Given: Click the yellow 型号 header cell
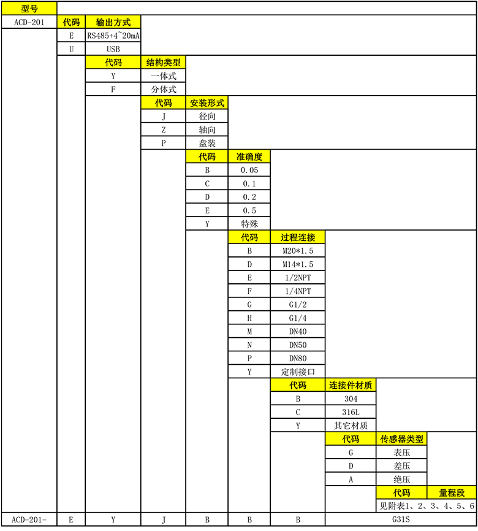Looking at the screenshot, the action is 29,9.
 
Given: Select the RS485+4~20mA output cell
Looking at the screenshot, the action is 113,36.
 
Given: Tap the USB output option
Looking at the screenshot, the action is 113,49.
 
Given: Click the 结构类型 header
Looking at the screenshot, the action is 163,63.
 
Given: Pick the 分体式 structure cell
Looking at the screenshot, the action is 163,90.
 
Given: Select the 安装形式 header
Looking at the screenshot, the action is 207,103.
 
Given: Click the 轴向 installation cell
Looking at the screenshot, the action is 207,130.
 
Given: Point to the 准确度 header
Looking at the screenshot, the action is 249,157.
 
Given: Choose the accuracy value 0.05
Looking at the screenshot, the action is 249,170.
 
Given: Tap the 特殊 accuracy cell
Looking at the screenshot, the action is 249,224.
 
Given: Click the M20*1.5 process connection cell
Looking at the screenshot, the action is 298,251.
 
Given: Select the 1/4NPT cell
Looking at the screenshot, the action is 298,291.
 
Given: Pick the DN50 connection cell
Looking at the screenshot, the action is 298,345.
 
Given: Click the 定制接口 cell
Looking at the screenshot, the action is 298,372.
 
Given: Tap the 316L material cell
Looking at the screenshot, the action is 351,412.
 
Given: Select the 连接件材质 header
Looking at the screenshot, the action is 351,386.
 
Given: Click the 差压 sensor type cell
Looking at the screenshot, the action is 401,466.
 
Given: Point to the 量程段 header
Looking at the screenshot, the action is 452,493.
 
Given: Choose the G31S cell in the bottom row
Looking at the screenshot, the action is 401,519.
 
